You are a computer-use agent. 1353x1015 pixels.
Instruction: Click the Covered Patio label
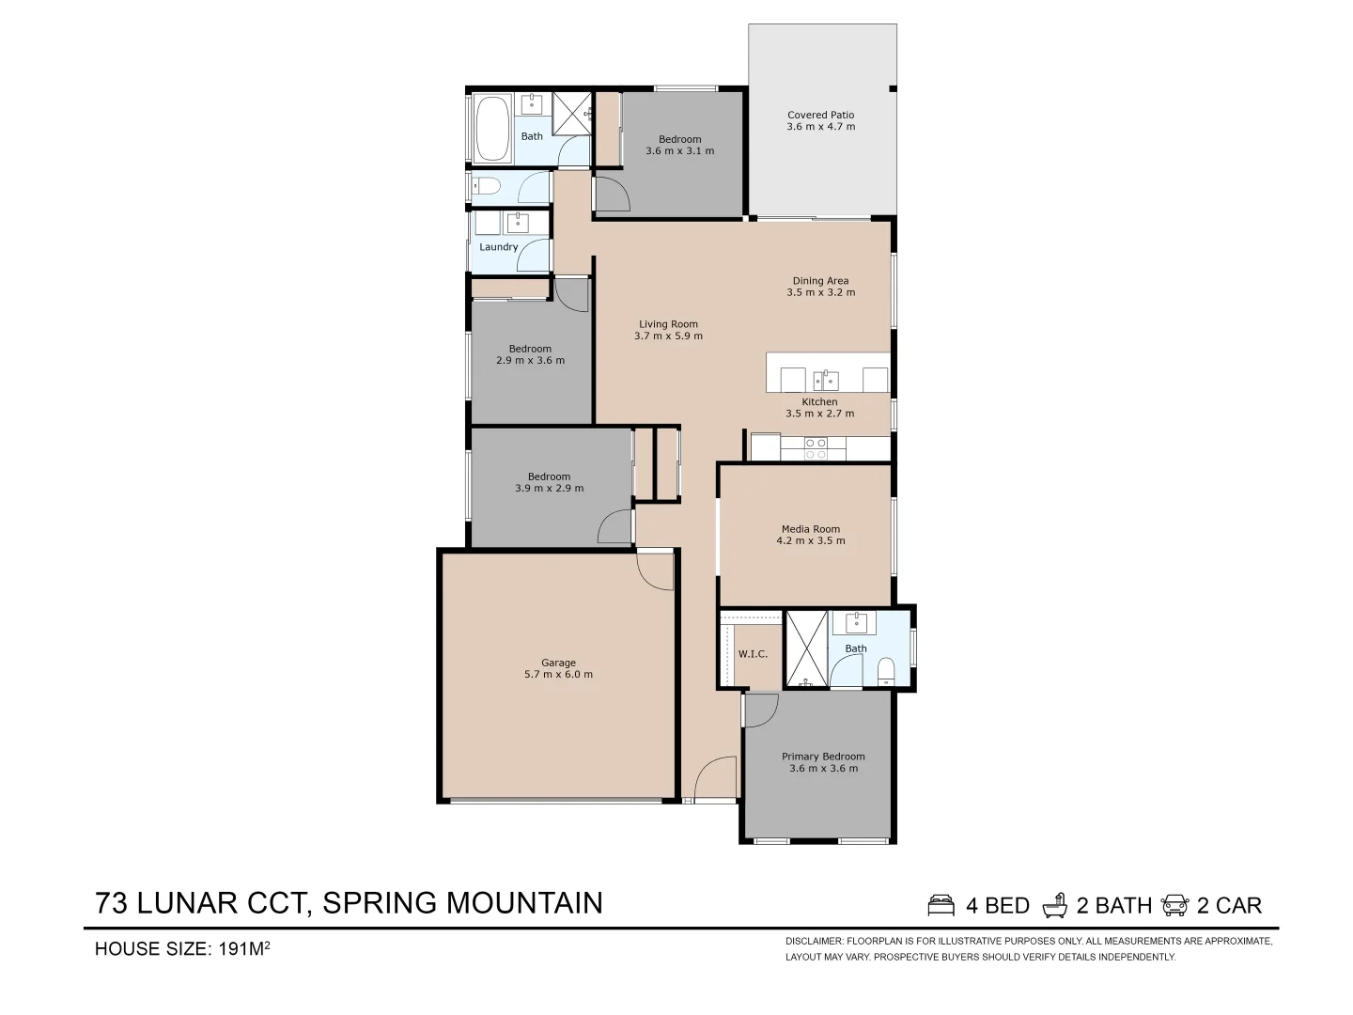pyautogui.click(x=820, y=115)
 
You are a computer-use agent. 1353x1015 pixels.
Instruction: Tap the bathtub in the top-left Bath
pyautogui.click(x=491, y=131)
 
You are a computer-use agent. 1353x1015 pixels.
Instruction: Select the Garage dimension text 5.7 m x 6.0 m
pyautogui.click(x=558, y=675)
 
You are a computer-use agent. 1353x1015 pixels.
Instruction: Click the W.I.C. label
pyautogui.click(x=753, y=654)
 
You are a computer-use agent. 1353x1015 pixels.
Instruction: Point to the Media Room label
pyautogui.click(x=811, y=529)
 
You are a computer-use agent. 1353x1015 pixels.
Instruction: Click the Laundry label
pyautogui.click(x=498, y=247)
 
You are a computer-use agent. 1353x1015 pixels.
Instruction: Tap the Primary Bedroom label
pyautogui.click(x=823, y=757)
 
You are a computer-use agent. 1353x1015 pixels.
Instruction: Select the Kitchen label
pyautogui.click(x=819, y=402)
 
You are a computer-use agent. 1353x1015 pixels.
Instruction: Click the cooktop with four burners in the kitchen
pyautogui.click(x=816, y=448)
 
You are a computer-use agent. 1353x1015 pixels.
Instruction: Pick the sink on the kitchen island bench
pyautogui.click(x=825, y=380)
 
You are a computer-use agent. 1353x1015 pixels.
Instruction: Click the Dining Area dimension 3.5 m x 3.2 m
pyautogui.click(x=820, y=292)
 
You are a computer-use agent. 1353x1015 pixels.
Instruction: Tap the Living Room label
pyautogui.click(x=668, y=324)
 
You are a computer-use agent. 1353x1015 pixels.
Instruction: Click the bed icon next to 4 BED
pyautogui.click(x=941, y=905)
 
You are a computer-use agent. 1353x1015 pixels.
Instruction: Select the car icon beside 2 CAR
pyautogui.click(x=1175, y=905)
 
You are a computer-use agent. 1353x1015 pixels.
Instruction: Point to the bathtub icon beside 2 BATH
pyautogui.click(x=1055, y=905)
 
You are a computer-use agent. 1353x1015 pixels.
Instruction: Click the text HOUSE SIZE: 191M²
pyautogui.click(x=183, y=948)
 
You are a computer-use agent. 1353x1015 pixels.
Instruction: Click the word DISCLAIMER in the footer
pyautogui.click(x=814, y=941)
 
